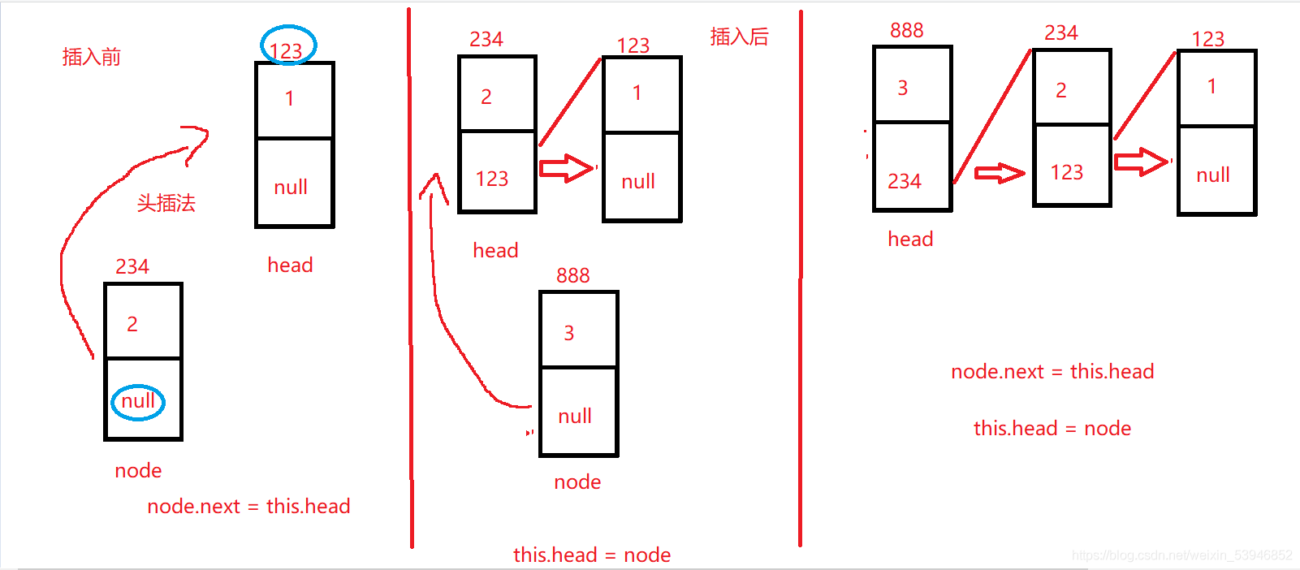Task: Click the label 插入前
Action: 91,57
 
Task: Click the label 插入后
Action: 739,37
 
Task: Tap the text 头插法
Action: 166,203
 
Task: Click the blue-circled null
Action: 138,401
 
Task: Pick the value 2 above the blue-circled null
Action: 132,324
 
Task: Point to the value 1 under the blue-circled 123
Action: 290,99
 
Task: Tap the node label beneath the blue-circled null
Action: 138,471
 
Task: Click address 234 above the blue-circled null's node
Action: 132,266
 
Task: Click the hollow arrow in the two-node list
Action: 567,168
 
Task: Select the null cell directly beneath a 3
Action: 575,417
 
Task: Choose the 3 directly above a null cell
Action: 569,333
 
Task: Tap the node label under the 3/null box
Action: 577,482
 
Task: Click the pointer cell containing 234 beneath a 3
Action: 905,181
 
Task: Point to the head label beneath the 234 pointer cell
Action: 910,239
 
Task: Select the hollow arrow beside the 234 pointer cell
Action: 999,173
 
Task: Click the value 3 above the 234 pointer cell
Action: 903,89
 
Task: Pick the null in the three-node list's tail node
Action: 1213,175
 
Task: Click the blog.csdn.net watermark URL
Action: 1181,555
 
